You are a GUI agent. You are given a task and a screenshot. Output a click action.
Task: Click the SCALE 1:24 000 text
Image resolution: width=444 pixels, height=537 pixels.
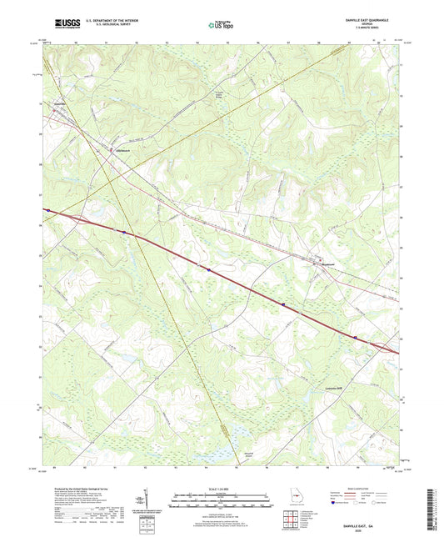click(x=221, y=490)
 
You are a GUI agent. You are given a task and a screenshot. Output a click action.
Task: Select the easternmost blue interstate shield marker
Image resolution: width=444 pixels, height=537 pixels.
click(x=357, y=338)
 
